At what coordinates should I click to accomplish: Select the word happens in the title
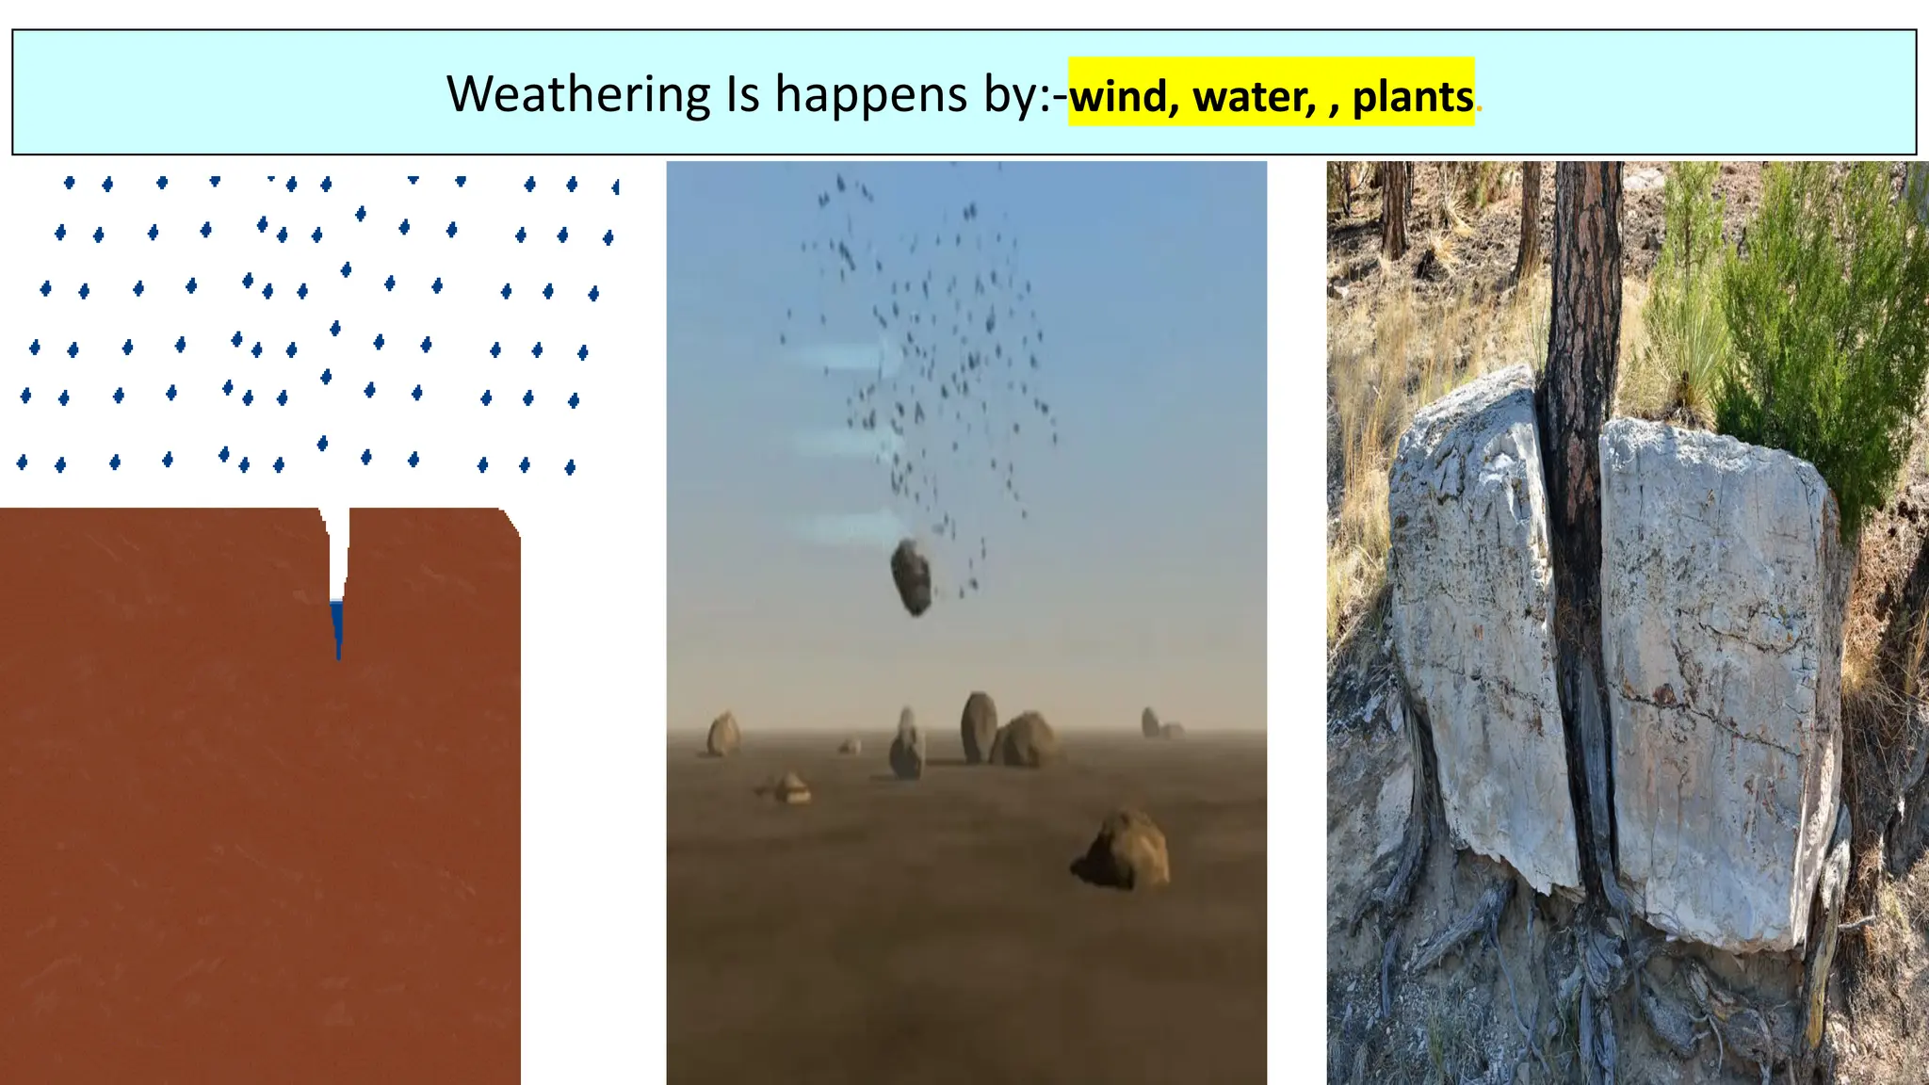coord(870,96)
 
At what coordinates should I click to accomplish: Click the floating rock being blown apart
coord(912,576)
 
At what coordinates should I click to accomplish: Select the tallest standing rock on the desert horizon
coord(978,726)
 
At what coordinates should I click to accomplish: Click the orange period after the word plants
coord(1480,109)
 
